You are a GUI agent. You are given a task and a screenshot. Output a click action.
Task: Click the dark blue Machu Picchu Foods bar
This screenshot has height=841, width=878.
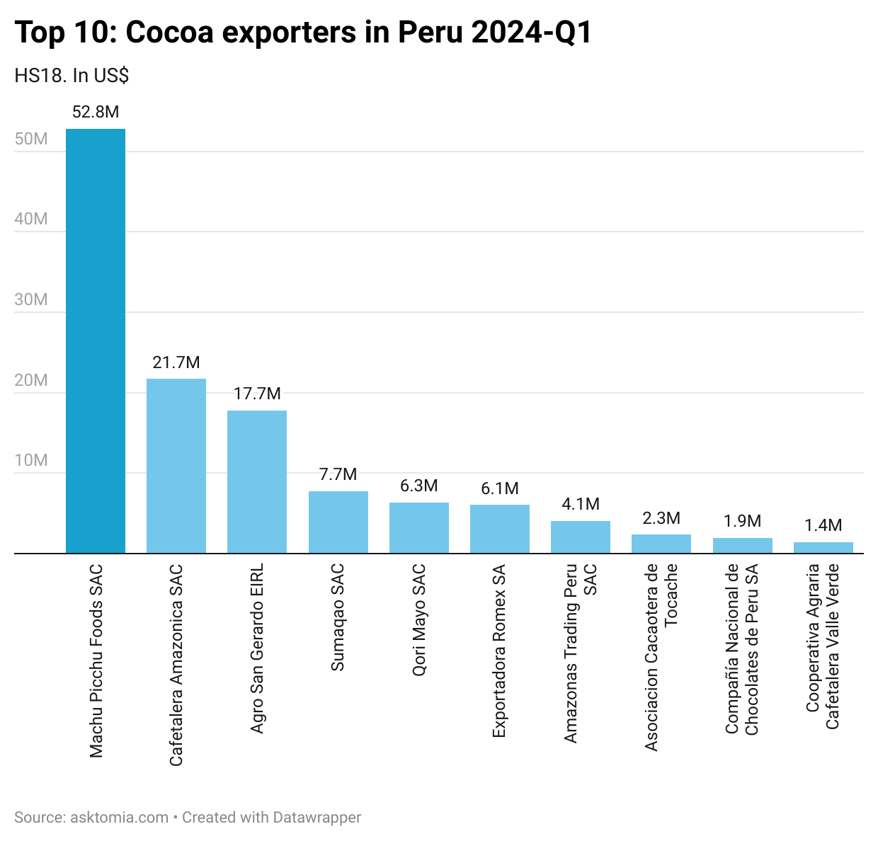(96, 341)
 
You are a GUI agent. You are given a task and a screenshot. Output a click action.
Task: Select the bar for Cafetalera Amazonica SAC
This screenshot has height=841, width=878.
(176, 466)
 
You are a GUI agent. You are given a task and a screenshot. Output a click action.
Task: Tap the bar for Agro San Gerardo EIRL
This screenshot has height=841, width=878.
(257, 481)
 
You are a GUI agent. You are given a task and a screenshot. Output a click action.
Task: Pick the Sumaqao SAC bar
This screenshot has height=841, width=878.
(338, 522)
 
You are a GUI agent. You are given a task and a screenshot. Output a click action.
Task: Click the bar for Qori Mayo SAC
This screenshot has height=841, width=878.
(419, 527)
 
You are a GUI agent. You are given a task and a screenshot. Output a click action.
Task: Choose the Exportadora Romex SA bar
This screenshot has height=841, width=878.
(500, 529)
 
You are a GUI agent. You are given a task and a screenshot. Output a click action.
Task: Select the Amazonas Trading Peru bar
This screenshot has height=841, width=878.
(581, 537)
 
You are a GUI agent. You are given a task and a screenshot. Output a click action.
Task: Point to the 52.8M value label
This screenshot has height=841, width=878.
(96, 112)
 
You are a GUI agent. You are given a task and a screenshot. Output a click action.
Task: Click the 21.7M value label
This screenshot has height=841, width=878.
(176, 362)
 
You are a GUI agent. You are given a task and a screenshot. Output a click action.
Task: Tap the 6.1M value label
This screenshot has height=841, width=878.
(500, 488)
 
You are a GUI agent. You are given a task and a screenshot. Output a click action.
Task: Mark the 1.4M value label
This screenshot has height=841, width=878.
(823, 525)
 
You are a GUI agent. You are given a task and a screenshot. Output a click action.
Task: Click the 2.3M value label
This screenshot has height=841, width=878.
(661, 518)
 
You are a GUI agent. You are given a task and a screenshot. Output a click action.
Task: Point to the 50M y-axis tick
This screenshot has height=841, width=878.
(31, 139)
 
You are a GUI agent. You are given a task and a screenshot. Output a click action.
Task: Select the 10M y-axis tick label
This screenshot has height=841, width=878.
(31, 460)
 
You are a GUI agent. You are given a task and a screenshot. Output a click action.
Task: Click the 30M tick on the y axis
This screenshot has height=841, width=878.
(31, 299)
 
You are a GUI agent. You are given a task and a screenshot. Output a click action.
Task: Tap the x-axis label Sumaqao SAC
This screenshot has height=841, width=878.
(338, 617)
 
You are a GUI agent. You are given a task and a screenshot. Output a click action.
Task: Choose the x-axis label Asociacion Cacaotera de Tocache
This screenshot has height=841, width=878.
(661, 657)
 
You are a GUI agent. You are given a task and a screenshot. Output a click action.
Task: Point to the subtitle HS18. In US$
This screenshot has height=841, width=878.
(72, 76)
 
